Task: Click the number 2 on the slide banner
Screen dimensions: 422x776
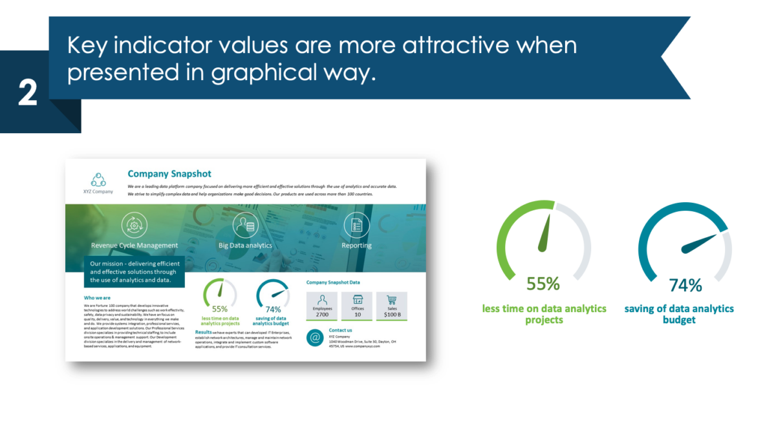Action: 27,94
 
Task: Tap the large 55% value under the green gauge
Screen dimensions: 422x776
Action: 543,284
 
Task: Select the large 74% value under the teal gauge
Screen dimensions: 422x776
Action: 685,285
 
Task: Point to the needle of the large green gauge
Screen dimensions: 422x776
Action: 544,233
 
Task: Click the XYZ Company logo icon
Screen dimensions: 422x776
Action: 98,179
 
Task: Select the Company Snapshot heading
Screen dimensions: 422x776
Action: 169,174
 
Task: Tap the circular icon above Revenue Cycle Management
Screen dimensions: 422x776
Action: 134,225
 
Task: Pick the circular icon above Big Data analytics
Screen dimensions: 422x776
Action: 245,225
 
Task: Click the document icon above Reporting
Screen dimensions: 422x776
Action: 356,225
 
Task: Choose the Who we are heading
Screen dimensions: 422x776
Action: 97,298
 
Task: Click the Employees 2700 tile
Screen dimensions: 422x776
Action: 322,305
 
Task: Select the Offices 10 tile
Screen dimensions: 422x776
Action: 357,305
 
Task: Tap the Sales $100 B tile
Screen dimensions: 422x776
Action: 391,305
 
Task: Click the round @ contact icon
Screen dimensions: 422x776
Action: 315,337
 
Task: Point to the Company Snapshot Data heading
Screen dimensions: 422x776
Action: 333,282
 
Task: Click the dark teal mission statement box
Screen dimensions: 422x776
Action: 135,272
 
